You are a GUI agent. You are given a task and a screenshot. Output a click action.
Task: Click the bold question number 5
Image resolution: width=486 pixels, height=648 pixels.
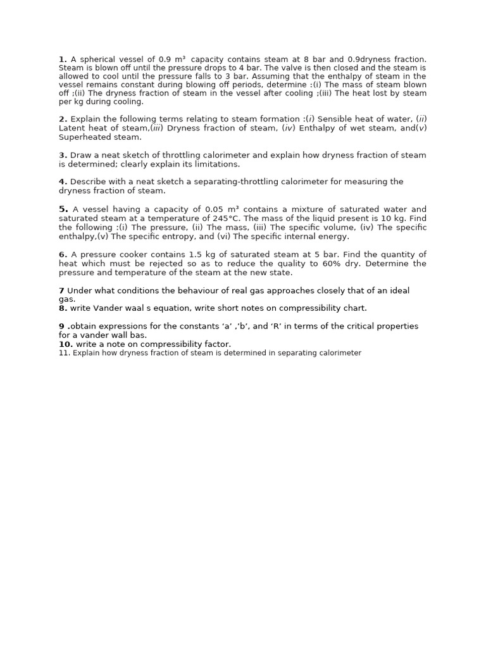63,209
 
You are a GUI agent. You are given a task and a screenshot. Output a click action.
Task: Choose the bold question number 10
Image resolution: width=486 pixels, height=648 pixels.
66,344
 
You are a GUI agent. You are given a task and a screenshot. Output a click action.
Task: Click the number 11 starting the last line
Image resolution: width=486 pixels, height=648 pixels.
63,353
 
